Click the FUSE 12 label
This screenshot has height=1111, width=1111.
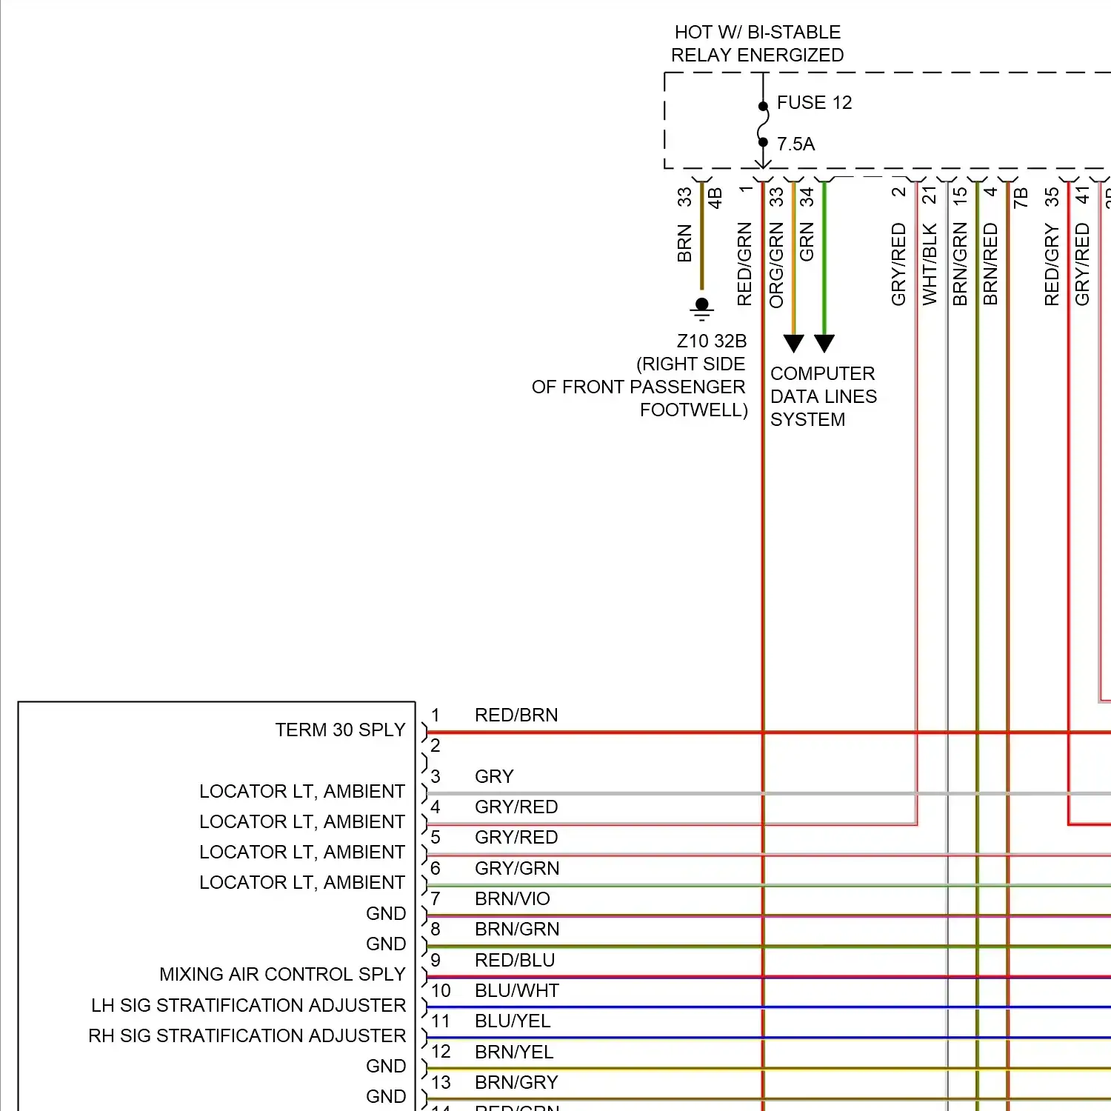[814, 102]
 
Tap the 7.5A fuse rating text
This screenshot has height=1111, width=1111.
[795, 144]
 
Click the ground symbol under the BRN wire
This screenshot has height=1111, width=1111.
[702, 307]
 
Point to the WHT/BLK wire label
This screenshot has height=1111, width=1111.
[930, 264]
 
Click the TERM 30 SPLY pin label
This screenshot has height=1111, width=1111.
[340, 730]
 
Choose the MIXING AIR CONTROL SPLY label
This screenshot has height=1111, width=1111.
[282, 974]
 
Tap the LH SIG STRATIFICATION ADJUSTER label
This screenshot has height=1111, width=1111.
[248, 1005]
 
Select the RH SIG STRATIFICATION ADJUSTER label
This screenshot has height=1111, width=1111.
[247, 1035]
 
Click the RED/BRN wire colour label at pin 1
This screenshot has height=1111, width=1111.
[516, 715]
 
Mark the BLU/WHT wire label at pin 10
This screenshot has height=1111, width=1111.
[517, 990]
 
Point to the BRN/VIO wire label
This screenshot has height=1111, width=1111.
[513, 898]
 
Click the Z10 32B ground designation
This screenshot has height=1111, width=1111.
[711, 341]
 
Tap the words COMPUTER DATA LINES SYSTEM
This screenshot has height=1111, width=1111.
[823, 396]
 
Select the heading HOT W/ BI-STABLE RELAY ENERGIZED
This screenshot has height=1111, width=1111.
[757, 44]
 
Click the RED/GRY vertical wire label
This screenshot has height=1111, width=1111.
[1052, 265]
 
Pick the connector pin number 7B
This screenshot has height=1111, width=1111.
[1021, 197]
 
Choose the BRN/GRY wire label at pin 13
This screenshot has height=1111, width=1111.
[516, 1082]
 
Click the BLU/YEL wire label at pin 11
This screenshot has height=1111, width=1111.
[513, 1021]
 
